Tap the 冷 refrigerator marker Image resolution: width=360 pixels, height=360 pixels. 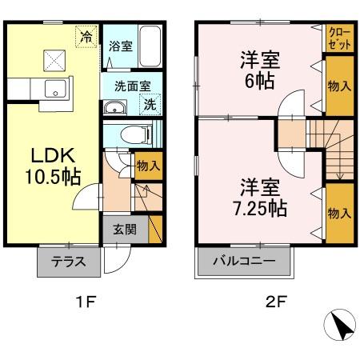pos(86,35)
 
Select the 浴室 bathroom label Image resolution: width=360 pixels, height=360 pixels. pos(122,46)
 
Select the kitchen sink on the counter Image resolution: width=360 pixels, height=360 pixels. pos(55,89)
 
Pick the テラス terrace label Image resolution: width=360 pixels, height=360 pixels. pos(68,261)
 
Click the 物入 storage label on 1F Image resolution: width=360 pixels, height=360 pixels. pos(148,166)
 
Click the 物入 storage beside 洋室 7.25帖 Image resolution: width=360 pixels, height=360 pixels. pos(338,214)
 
